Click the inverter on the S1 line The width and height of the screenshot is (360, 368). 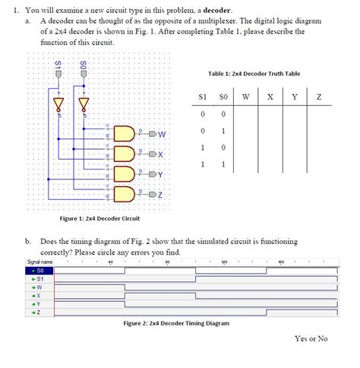click(x=59, y=101)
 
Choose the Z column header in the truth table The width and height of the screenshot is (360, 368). click(x=319, y=97)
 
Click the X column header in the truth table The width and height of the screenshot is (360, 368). click(x=270, y=97)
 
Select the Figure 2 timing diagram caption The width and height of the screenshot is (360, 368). click(x=176, y=323)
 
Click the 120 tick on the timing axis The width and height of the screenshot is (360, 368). click(x=224, y=262)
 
